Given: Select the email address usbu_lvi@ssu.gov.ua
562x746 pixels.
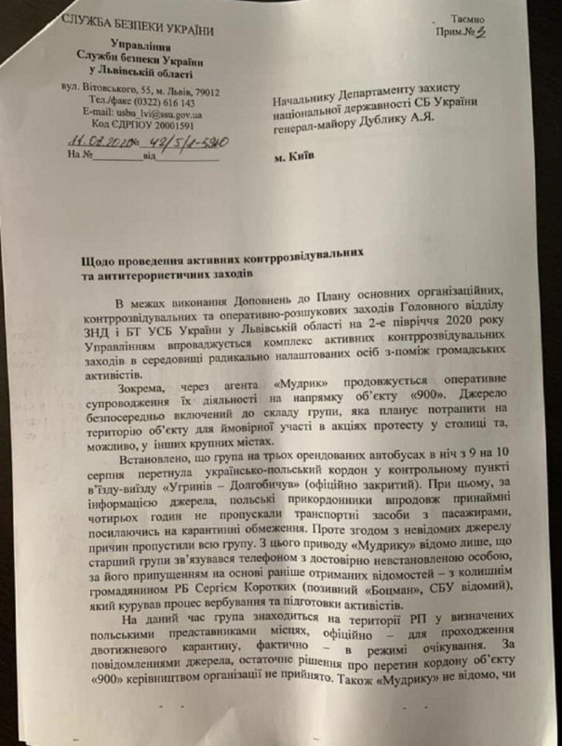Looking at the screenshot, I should pos(154,113).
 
